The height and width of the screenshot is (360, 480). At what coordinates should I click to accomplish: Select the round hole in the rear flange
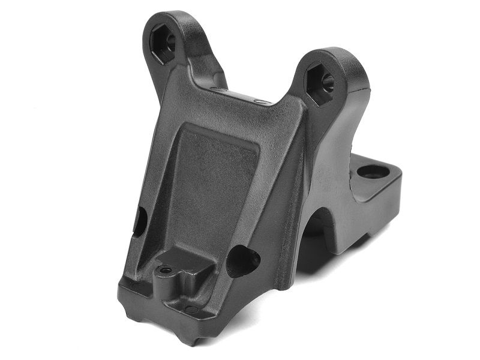373,172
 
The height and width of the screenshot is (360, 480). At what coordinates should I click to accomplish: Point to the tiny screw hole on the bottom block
165,271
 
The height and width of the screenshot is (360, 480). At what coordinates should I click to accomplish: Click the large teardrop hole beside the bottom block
242,260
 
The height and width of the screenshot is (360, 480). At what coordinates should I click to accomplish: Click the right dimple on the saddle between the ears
260,102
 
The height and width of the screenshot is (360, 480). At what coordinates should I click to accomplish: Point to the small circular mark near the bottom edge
191,310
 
